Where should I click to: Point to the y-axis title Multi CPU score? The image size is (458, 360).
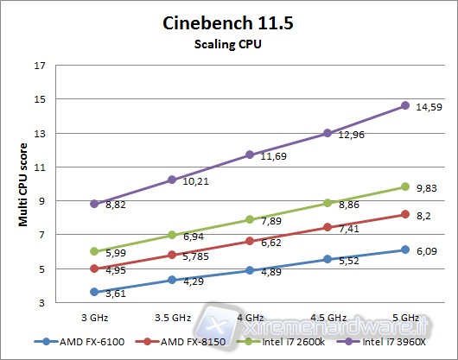[x=25, y=185]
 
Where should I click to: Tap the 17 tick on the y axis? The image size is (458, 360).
[x=41, y=66]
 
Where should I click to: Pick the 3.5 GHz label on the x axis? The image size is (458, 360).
[x=172, y=318]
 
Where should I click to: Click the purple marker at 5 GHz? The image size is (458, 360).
[x=405, y=105]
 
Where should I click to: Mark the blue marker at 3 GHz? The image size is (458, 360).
[x=94, y=292]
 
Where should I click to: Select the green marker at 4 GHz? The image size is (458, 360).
[x=250, y=219]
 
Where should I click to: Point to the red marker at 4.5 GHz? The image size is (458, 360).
[x=328, y=227]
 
